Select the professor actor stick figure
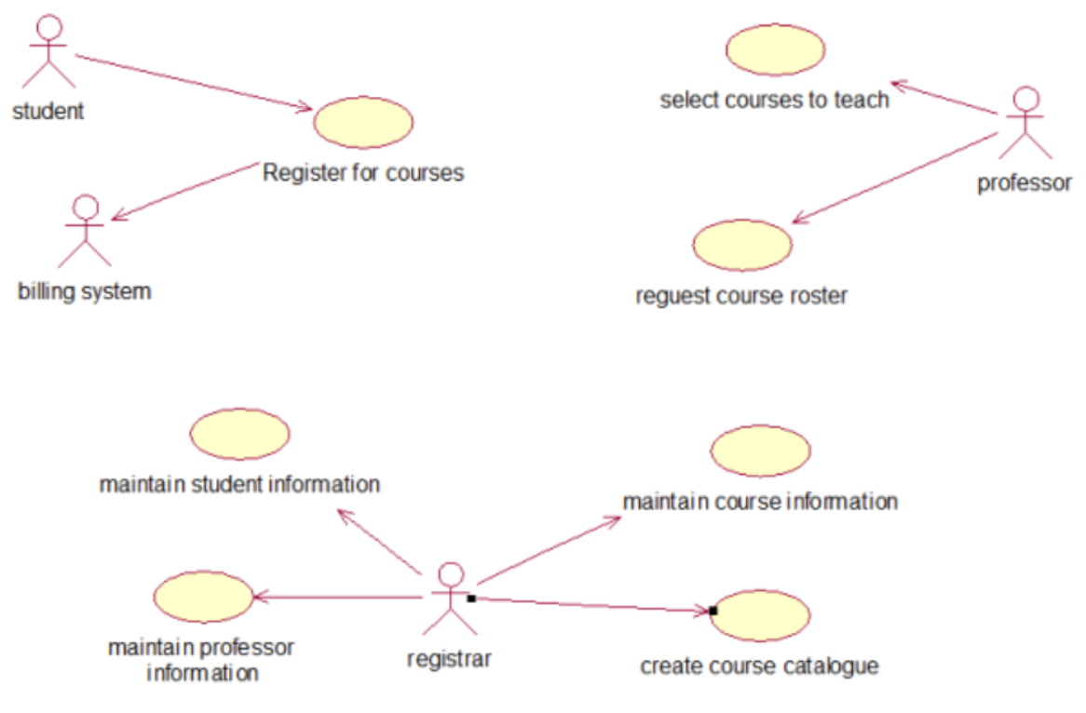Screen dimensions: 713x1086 1025,123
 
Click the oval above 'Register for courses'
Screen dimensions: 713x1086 363,123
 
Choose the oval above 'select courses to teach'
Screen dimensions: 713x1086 775,49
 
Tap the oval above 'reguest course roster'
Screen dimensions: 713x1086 742,245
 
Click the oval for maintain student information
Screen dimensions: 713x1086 239,434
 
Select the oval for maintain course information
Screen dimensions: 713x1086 760,451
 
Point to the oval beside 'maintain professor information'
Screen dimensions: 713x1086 203,597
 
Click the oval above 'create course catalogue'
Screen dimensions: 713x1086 760,615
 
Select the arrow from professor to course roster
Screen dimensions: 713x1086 894,178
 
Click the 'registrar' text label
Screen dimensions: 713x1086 449,659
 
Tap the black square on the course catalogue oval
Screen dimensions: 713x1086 713,611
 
